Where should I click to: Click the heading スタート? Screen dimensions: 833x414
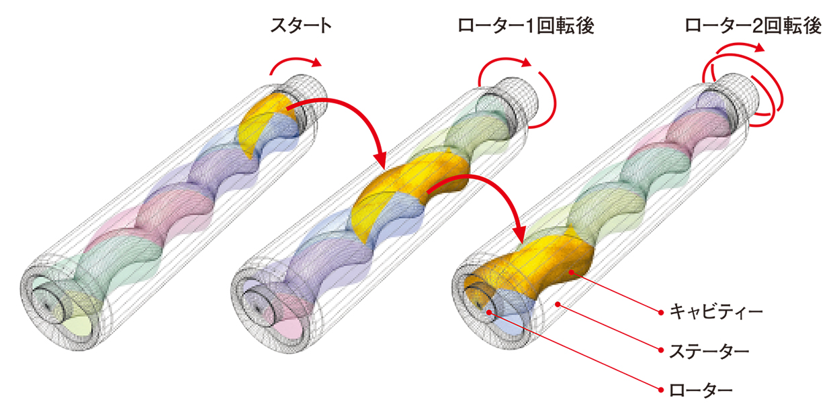click(x=301, y=25)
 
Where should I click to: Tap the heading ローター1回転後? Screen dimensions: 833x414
click(x=526, y=25)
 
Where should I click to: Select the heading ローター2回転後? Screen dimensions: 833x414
click(x=753, y=25)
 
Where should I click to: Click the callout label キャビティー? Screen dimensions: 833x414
click(x=716, y=311)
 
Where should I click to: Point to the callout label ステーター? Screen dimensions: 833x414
click(x=709, y=351)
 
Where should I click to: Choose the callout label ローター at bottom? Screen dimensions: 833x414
click(x=701, y=391)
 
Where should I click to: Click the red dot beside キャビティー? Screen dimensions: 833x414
click(x=661, y=313)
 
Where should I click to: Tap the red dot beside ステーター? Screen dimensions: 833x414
click(x=661, y=350)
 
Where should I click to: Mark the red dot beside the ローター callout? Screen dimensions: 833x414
click(x=661, y=390)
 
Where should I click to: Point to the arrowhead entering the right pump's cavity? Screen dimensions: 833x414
click(x=519, y=234)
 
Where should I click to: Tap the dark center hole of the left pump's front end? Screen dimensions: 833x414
click(x=47, y=306)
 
